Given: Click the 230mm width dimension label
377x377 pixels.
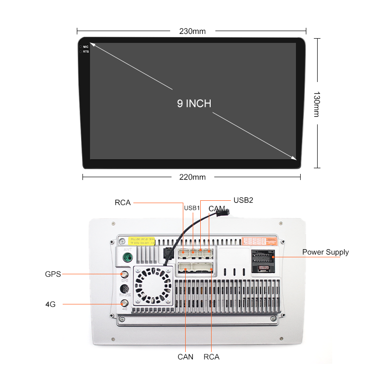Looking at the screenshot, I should pos(192,32).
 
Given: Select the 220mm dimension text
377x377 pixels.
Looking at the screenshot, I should pos(192,177).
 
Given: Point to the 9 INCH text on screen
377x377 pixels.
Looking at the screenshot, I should pos(194,104).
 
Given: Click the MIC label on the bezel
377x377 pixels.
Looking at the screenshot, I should pos(86,47).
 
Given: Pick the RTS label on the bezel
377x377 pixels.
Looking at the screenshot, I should pos(86,51).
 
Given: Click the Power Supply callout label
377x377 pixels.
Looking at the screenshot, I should pos(326,252).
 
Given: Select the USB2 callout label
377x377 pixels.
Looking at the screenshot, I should pos(244,200).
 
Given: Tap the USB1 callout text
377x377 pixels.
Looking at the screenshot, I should pos(192,208).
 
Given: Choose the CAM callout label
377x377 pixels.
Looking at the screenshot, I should pos(217,208).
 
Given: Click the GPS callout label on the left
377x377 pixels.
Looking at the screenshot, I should pos(53,274).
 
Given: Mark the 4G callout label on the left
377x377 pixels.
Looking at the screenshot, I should pos(50,304).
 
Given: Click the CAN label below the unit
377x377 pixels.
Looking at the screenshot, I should pos(185,357).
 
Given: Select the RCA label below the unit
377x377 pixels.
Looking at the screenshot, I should pos(212,357).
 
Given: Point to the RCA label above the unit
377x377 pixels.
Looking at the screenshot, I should pos(123,203).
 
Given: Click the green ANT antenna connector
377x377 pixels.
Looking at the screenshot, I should pos(127,258).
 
